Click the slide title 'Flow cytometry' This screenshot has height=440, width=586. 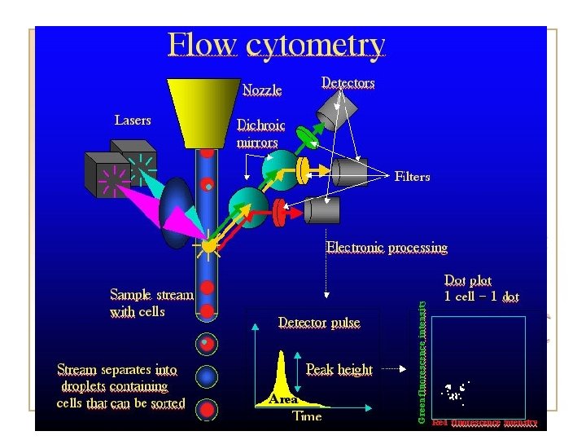point(276,45)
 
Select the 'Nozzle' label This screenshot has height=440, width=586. point(262,89)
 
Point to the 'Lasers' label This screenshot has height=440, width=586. point(133,120)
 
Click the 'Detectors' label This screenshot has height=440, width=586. point(348,82)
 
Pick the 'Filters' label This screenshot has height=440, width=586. point(412,176)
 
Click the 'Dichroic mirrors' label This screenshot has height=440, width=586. point(257,134)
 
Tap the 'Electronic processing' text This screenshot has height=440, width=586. point(387,247)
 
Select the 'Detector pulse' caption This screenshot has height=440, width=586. point(319,323)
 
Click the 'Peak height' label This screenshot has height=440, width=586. point(339,370)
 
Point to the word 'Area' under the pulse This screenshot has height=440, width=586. point(283,399)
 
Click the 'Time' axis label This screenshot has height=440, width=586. point(307,416)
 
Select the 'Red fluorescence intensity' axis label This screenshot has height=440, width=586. point(484,423)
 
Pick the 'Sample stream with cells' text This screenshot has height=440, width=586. point(151,302)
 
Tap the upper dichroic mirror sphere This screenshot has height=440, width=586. point(280,167)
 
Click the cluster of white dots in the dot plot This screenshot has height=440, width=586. point(454,392)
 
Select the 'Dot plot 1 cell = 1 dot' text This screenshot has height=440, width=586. point(480,289)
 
